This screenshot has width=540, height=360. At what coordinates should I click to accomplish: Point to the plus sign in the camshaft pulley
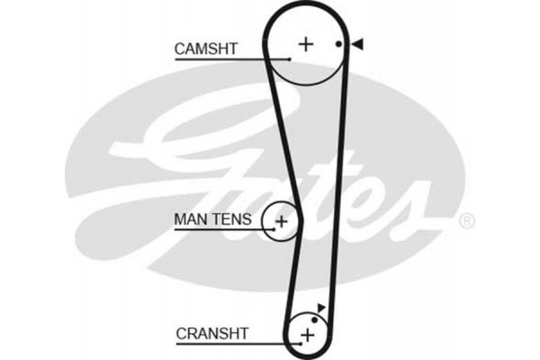tap(306, 43)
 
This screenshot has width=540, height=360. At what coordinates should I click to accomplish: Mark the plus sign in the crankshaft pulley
tap(308, 335)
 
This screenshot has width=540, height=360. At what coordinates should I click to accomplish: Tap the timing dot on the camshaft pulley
tap(338, 44)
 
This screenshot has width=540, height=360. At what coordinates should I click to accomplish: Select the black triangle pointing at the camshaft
tap(357, 44)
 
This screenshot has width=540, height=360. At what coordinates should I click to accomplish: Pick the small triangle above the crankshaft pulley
tap(321, 308)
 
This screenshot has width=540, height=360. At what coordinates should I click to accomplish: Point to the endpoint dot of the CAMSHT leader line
tap(291, 58)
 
